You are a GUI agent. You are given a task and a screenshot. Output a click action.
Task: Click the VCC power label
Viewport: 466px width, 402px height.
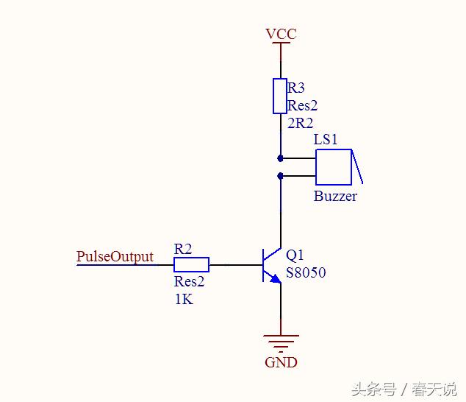(281, 34)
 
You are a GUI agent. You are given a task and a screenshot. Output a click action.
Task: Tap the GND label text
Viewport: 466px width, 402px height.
(281, 362)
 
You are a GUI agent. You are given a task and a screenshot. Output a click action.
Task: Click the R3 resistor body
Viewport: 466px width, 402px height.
(280, 96)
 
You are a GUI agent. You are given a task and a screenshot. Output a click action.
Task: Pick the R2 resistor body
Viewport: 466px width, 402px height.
(191, 264)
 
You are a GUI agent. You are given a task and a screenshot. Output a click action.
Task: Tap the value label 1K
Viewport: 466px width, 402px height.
(184, 299)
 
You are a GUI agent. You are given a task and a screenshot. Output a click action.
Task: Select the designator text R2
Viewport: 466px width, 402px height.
(183, 248)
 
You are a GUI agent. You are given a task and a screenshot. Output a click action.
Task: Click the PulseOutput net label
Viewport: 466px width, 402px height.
(115, 256)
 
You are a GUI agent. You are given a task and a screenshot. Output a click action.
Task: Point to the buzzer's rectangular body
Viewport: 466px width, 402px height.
(334, 166)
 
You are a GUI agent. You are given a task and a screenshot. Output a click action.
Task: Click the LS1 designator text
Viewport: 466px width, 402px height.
(326, 140)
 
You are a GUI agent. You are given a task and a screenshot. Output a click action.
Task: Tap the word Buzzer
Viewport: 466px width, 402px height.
(335, 197)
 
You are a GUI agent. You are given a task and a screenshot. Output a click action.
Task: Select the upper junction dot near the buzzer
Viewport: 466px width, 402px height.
(280, 158)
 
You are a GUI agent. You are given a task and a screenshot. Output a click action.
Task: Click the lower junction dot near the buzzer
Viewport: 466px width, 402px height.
(280, 175)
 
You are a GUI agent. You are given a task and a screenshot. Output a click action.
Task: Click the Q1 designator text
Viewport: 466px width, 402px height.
(295, 255)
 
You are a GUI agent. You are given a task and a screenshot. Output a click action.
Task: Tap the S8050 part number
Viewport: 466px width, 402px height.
(306, 273)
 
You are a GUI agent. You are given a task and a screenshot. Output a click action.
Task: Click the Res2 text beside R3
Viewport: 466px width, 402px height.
(302, 105)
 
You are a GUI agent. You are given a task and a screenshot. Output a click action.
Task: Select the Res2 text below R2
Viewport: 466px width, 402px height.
(189, 282)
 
